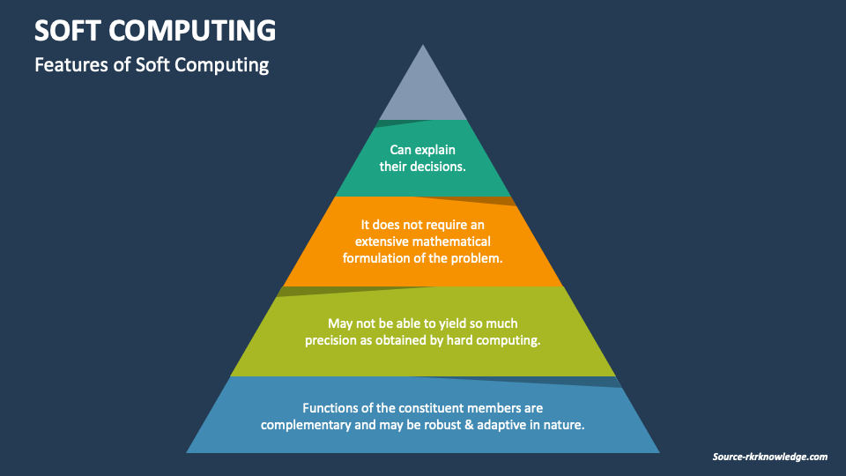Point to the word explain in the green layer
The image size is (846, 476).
coord(435,151)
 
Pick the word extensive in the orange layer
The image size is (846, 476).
coord(386,242)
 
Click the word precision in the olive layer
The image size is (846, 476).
coord(332,340)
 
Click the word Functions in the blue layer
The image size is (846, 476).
coord(331,408)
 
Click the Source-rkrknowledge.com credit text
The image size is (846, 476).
coord(770,457)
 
